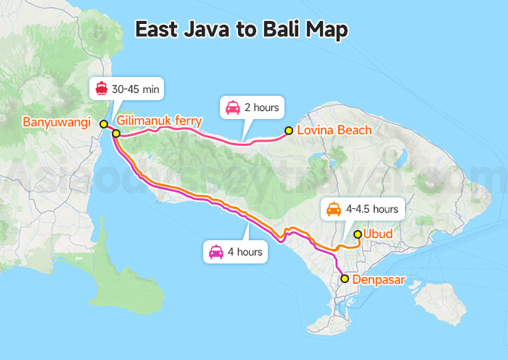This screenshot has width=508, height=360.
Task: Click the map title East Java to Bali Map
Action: (x=242, y=29)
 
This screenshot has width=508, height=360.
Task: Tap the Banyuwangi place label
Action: (x=56, y=122)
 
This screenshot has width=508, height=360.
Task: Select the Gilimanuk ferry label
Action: (x=159, y=120)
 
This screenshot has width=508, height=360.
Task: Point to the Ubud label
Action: (x=377, y=234)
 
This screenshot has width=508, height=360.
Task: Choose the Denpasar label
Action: (x=378, y=279)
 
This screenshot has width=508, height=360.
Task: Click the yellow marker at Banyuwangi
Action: (x=104, y=123)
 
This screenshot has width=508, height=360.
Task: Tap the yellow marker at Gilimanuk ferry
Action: (x=116, y=134)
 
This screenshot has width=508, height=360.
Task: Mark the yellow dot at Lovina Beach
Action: (x=289, y=131)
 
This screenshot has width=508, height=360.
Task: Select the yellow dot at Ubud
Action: (x=357, y=234)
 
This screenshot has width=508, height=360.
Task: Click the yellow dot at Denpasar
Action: (x=345, y=279)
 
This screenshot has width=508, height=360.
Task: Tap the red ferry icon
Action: (x=102, y=89)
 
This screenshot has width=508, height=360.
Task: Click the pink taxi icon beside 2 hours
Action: (x=233, y=107)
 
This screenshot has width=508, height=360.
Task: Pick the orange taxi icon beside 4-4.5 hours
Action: (x=334, y=209)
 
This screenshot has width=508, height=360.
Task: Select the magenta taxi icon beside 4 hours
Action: (x=216, y=253)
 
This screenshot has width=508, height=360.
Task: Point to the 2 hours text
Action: (x=261, y=107)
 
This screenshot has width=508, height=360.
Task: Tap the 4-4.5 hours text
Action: (x=372, y=209)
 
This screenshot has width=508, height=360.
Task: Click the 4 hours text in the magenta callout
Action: (x=245, y=253)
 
